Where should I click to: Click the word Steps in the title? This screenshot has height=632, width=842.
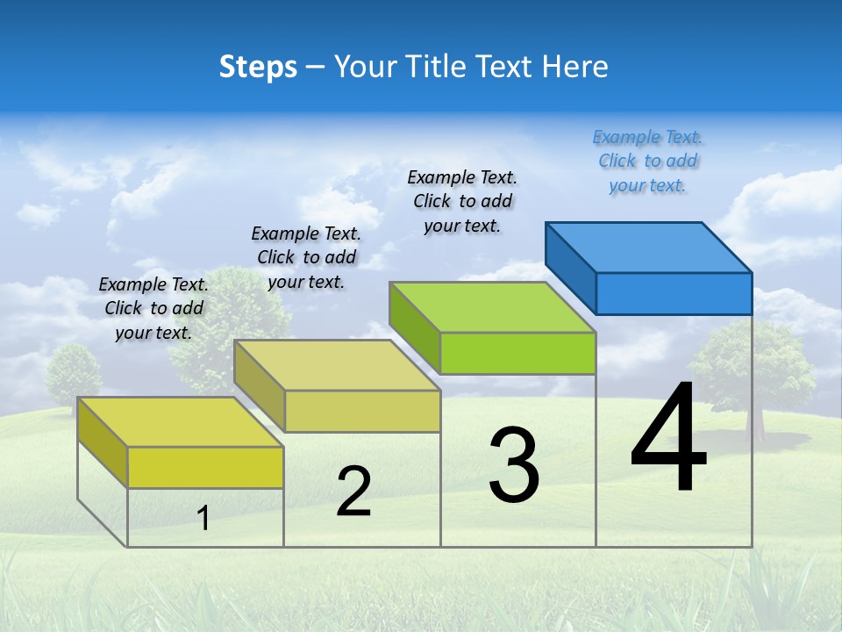[258, 67]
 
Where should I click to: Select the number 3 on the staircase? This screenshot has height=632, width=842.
[513, 465]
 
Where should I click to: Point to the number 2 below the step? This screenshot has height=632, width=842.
[353, 491]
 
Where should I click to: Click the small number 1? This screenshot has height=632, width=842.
[203, 518]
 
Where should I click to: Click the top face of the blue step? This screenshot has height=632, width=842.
[648, 247]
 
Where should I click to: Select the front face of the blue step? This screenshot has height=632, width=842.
[674, 293]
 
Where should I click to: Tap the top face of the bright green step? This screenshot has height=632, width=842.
[492, 306]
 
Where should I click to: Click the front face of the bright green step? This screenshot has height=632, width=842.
[517, 353]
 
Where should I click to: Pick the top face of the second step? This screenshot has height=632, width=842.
[337, 364]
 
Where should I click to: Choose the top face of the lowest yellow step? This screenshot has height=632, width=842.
[181, 421]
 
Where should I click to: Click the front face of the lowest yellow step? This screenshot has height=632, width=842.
[205, 467]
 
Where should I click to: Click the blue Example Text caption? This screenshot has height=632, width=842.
[647, 162]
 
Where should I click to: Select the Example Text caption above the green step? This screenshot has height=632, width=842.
[462, 201]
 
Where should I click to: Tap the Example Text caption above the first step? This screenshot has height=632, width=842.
[153, 308]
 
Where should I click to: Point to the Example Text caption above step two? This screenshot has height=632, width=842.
[306, 257]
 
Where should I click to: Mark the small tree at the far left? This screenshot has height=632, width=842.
[71, 373]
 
